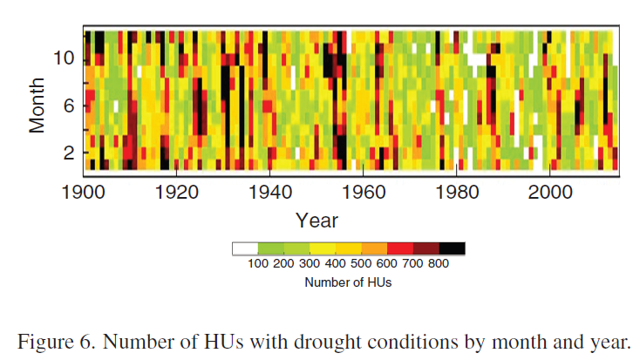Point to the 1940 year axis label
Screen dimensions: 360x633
point(269,192)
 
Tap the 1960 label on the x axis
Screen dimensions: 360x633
point(363,192)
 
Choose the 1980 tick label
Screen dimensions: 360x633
point(456,192)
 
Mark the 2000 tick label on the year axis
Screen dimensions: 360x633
point(549,192)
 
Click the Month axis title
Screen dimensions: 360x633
point(37,104)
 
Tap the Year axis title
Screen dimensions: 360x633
point(316,220)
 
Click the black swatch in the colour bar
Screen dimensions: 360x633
point(452,248)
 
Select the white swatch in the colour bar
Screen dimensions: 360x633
point(245,248)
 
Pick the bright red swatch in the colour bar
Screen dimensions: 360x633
point(400,248)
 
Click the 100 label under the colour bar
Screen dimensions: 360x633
point(259,264)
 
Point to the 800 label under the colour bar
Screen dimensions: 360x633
point(439,264)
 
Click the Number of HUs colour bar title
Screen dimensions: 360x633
point(348,282)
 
